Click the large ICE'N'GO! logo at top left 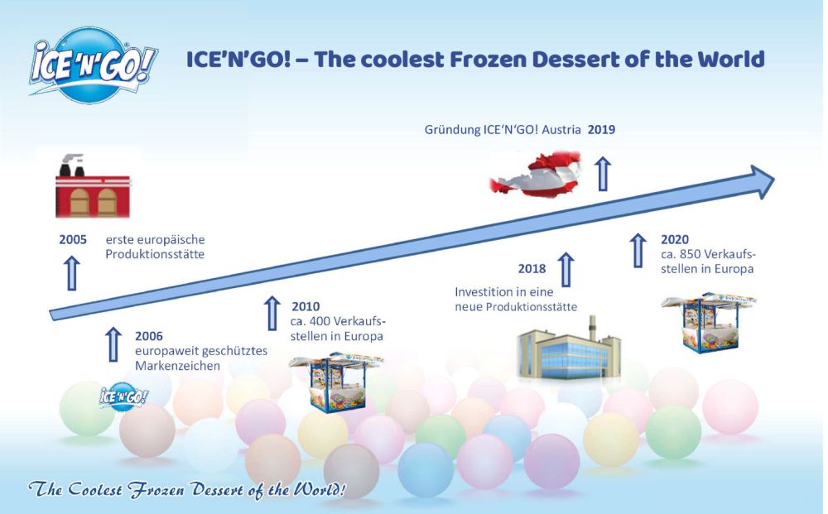click(93, 66)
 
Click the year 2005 click(73, 240)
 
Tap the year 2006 click(149, 336)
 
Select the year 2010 click(306, 306)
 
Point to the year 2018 click(532, 269)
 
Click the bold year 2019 click(601, 130)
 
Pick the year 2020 click(675, 239)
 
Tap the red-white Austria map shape click(536, 174)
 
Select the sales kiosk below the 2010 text click(336, 382)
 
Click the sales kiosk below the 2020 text click(708, 323)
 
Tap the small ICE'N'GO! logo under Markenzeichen click(123, 396)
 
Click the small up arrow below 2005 click(72, 273)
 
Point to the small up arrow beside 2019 click(604, 174)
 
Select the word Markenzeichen click(177, 366)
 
